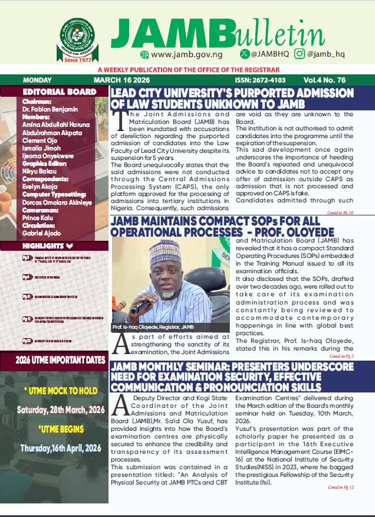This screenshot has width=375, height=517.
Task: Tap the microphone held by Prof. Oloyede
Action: coord(139,306)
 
